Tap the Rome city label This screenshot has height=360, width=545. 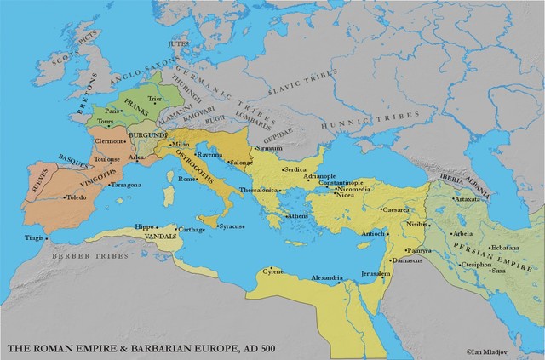point(186,180)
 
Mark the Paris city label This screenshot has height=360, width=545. point(110,111)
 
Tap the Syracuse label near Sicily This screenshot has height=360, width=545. point(234,226)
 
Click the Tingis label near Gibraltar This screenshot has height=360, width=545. point(32,237)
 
